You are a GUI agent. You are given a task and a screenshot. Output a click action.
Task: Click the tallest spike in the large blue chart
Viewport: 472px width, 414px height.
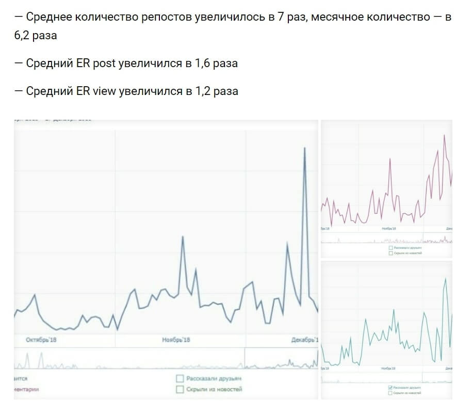[305, 149]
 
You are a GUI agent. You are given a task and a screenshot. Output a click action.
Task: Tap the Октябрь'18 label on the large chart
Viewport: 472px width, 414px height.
[41, 340]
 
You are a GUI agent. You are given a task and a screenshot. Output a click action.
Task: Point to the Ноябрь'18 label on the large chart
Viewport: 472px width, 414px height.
[176, 340]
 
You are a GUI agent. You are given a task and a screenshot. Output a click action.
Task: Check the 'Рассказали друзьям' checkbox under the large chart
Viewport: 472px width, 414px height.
[180, 379]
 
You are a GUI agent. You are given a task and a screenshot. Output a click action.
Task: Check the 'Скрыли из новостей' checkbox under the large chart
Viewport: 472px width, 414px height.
[180, 389]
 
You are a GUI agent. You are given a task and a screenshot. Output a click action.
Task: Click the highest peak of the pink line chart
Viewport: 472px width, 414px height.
[444, 135]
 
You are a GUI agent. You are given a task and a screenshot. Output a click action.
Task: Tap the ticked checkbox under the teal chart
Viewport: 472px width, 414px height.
[390, 387]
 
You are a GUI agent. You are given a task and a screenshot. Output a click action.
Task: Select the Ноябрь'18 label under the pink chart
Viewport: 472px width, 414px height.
[388, 228]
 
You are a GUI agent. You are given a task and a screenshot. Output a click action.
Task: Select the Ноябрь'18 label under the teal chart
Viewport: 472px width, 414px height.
[388, 369]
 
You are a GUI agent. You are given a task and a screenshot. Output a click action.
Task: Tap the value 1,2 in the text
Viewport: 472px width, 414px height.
[203, 92]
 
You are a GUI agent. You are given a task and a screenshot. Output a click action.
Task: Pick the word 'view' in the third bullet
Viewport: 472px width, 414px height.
[105, 92]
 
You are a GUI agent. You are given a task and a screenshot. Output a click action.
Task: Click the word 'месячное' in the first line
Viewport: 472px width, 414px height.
[335, 17]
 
